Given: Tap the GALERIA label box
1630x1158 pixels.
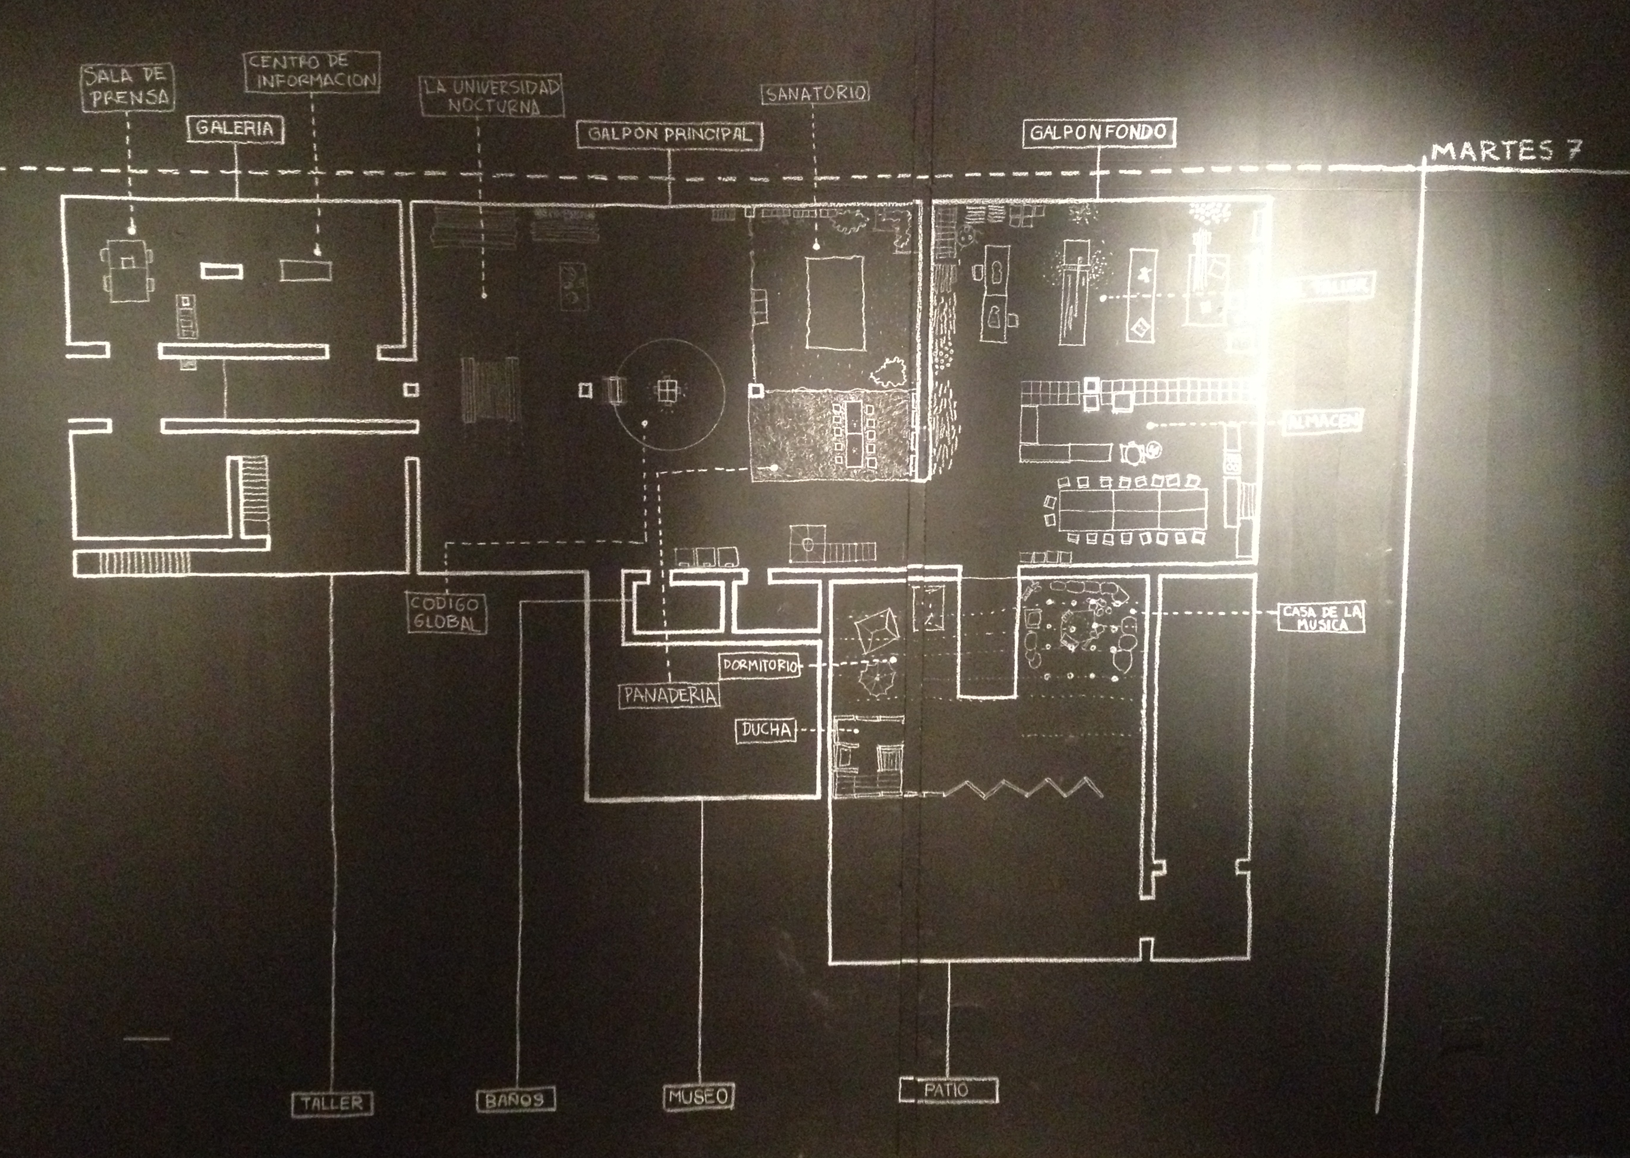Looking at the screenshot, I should (x=235, y=129).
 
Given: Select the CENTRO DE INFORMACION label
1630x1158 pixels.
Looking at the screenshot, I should (x=311, y=71).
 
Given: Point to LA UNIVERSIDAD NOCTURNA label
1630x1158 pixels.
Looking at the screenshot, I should (x=491, y=96).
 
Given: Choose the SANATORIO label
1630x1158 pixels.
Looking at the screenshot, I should (x=816, y=93).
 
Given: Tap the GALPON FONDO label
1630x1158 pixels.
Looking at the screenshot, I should (x=1098, y=133).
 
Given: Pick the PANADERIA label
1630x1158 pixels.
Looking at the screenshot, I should (x=669, y=695).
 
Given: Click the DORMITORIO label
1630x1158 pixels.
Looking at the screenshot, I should (x=760, y=665).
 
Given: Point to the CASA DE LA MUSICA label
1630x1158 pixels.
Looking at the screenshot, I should (x=1321, y=617).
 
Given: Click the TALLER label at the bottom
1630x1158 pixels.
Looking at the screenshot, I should (x=332, y=1103).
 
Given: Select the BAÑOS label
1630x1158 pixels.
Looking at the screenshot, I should (x=515, y=1100).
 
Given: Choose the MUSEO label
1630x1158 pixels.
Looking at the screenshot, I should (x=699, y=1096).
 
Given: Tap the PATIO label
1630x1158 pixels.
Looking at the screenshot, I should (x=947, y=1090).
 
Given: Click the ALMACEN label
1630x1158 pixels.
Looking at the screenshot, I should (x=1323, y=422).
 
